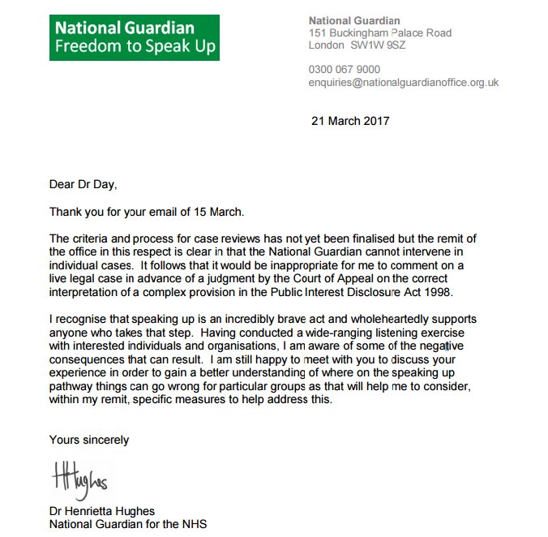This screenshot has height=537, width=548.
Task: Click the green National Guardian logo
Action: coord(135,37)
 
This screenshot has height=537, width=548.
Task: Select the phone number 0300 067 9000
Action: coord(345,70)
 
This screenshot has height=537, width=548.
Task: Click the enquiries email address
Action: coord(403,83)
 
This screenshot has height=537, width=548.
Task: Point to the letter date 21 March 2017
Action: coord(350,122)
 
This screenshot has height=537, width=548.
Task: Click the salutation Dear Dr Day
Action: coord(83,184)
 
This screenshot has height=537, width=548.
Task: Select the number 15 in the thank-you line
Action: coord(192,213)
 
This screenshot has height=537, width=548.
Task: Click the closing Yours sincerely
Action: coord(88,440)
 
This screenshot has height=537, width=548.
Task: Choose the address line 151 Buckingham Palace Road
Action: coord(380,33)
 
